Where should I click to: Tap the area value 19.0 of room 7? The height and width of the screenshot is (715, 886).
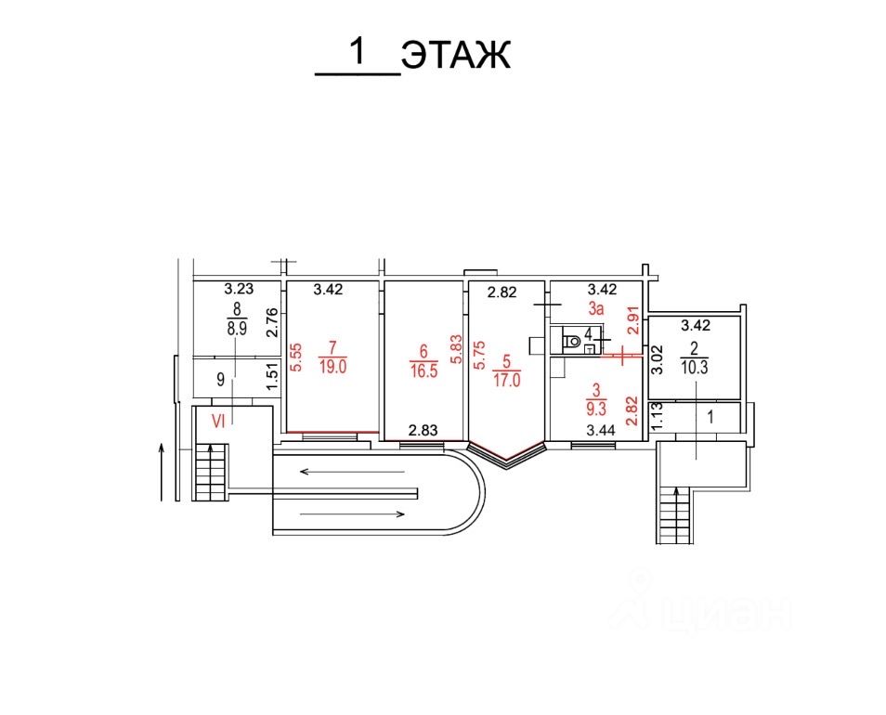pos(332,367)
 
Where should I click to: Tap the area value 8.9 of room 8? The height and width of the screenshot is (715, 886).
pos(235,329)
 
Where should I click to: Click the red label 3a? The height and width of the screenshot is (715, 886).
pos(595,307)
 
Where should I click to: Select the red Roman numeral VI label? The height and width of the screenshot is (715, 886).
pos(220,421)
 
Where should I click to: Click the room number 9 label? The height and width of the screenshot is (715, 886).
pos(220,379)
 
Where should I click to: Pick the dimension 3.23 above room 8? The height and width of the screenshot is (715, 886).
pos(239,289)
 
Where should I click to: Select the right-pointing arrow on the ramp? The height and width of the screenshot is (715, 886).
pos(352,513)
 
